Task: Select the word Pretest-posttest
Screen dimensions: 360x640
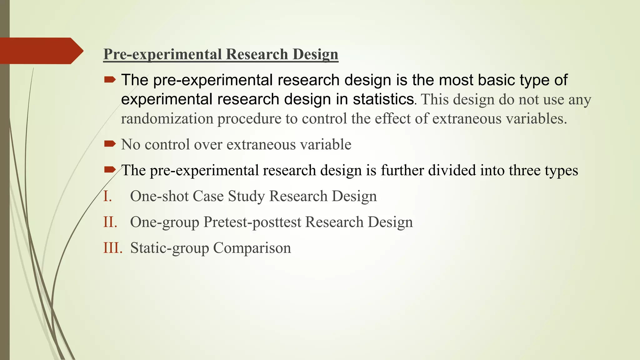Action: click(x=252, y=222)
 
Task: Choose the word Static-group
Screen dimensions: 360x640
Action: click(x=169, y=248)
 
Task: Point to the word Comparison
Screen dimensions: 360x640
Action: click(x=252, y=248)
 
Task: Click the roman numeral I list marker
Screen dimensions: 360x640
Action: click(x=107, y=196)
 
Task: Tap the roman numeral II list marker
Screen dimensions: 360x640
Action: click(x=110, y=222)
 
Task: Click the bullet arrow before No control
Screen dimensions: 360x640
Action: click(x=110, y=144)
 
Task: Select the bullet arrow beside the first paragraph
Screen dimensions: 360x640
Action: click(x=110, y=80)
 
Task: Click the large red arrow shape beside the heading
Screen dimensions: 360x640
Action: click(x=41, y=51)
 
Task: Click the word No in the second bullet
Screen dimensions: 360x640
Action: click(x=130, y=145)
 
